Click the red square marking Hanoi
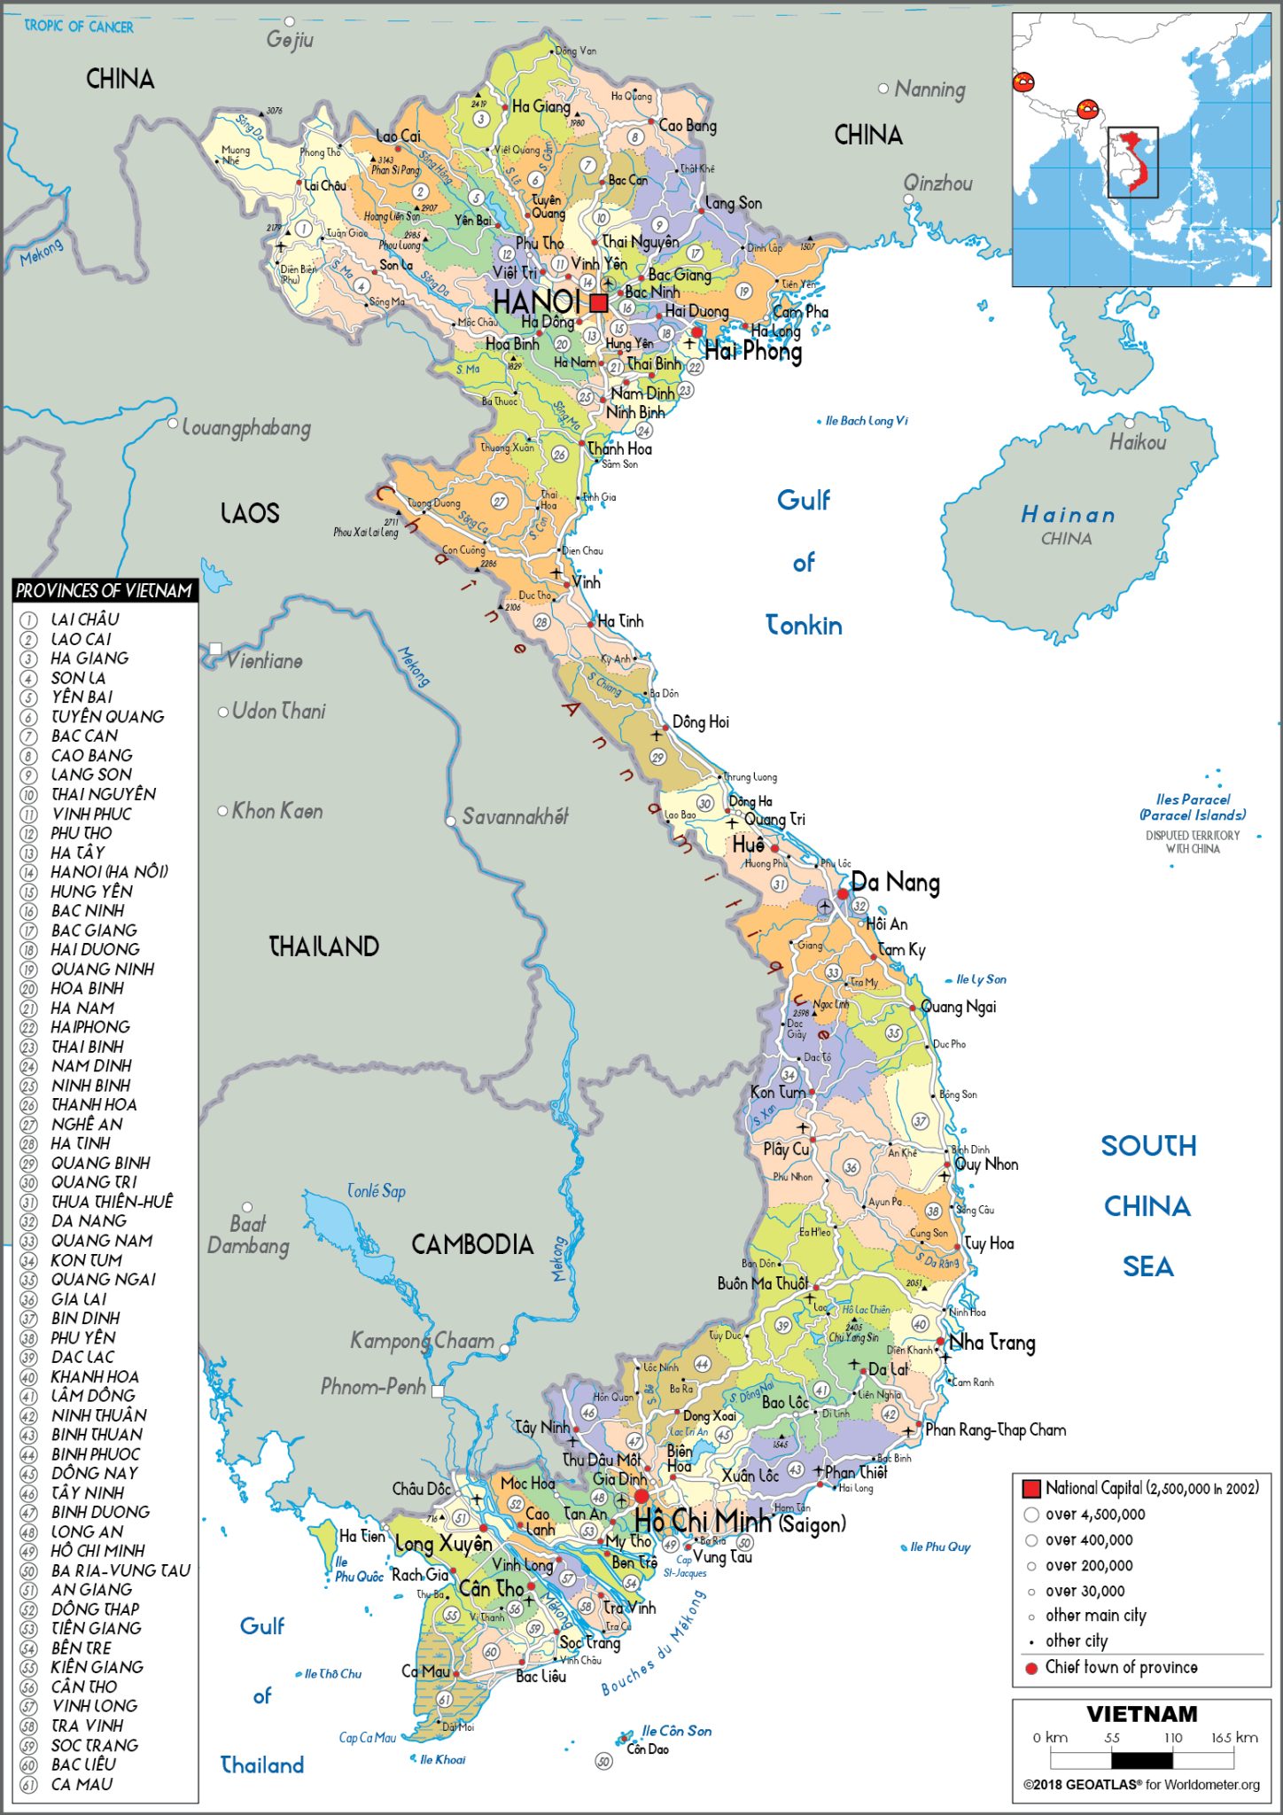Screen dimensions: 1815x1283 (599, 303)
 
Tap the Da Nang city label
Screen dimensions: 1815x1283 (895, 883)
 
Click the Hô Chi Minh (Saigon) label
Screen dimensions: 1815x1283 (740, 1522)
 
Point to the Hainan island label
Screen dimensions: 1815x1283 (1068, 515)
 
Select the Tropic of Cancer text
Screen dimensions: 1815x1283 (79, 27)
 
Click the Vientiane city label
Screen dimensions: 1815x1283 (264, 661)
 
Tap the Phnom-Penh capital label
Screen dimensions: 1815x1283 (373, 1387)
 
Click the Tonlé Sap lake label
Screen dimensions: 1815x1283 (377, 1191)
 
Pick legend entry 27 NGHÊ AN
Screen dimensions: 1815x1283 (86, 1124)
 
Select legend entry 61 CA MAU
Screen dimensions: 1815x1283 (82, 1784)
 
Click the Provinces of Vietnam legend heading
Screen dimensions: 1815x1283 (104, 591)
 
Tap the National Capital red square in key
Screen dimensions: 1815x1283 (1031, 1488)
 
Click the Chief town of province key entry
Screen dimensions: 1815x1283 (1121, 1667)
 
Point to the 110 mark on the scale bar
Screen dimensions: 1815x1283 (1172, 1738)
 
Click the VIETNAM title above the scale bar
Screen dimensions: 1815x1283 (1141, 1714)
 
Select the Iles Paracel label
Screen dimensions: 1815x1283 (1193, 806)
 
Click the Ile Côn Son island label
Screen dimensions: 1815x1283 (676, 1731)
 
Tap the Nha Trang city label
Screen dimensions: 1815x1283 (991, 1343)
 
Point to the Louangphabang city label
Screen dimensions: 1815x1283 (246, 429)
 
